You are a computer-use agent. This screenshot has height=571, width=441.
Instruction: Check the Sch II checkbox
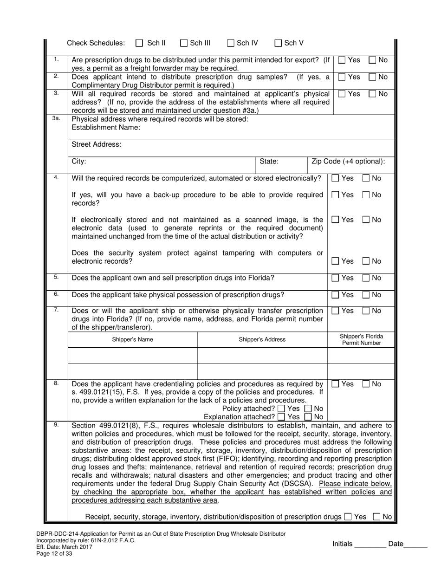coord(139,43)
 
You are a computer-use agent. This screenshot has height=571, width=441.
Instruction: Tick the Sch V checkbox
coord(279,43)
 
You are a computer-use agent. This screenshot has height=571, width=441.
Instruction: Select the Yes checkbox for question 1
coord(342,60)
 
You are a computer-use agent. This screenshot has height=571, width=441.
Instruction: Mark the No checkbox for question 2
coord(372,77)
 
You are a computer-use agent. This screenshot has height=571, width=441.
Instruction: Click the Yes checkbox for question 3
coord(342,94)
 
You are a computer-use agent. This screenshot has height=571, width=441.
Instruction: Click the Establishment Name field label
coord(106,127)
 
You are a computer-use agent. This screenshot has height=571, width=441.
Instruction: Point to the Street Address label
coord(97,144)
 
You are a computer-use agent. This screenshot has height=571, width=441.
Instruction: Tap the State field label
coord(269,162)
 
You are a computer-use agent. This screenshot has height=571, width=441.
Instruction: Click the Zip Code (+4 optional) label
coord(348,162)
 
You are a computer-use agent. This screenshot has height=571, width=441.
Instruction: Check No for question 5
coord(366,278)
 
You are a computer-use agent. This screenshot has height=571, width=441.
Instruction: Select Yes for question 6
coord(336,295)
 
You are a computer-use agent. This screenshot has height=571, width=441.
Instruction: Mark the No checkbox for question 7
coord(366,311)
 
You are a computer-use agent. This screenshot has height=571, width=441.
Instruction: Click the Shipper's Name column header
coord(132,339)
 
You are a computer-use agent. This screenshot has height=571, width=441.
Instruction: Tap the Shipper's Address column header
coord(262,339)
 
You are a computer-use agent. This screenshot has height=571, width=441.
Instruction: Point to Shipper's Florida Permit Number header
coord(361,339)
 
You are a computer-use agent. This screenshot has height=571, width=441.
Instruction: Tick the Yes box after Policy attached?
coord(281,409)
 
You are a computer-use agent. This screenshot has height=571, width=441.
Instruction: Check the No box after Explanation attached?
coord(308,417)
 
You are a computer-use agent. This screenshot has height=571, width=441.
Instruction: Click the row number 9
coord(56,424)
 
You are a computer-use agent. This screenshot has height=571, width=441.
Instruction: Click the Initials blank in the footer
coord(370,544)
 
